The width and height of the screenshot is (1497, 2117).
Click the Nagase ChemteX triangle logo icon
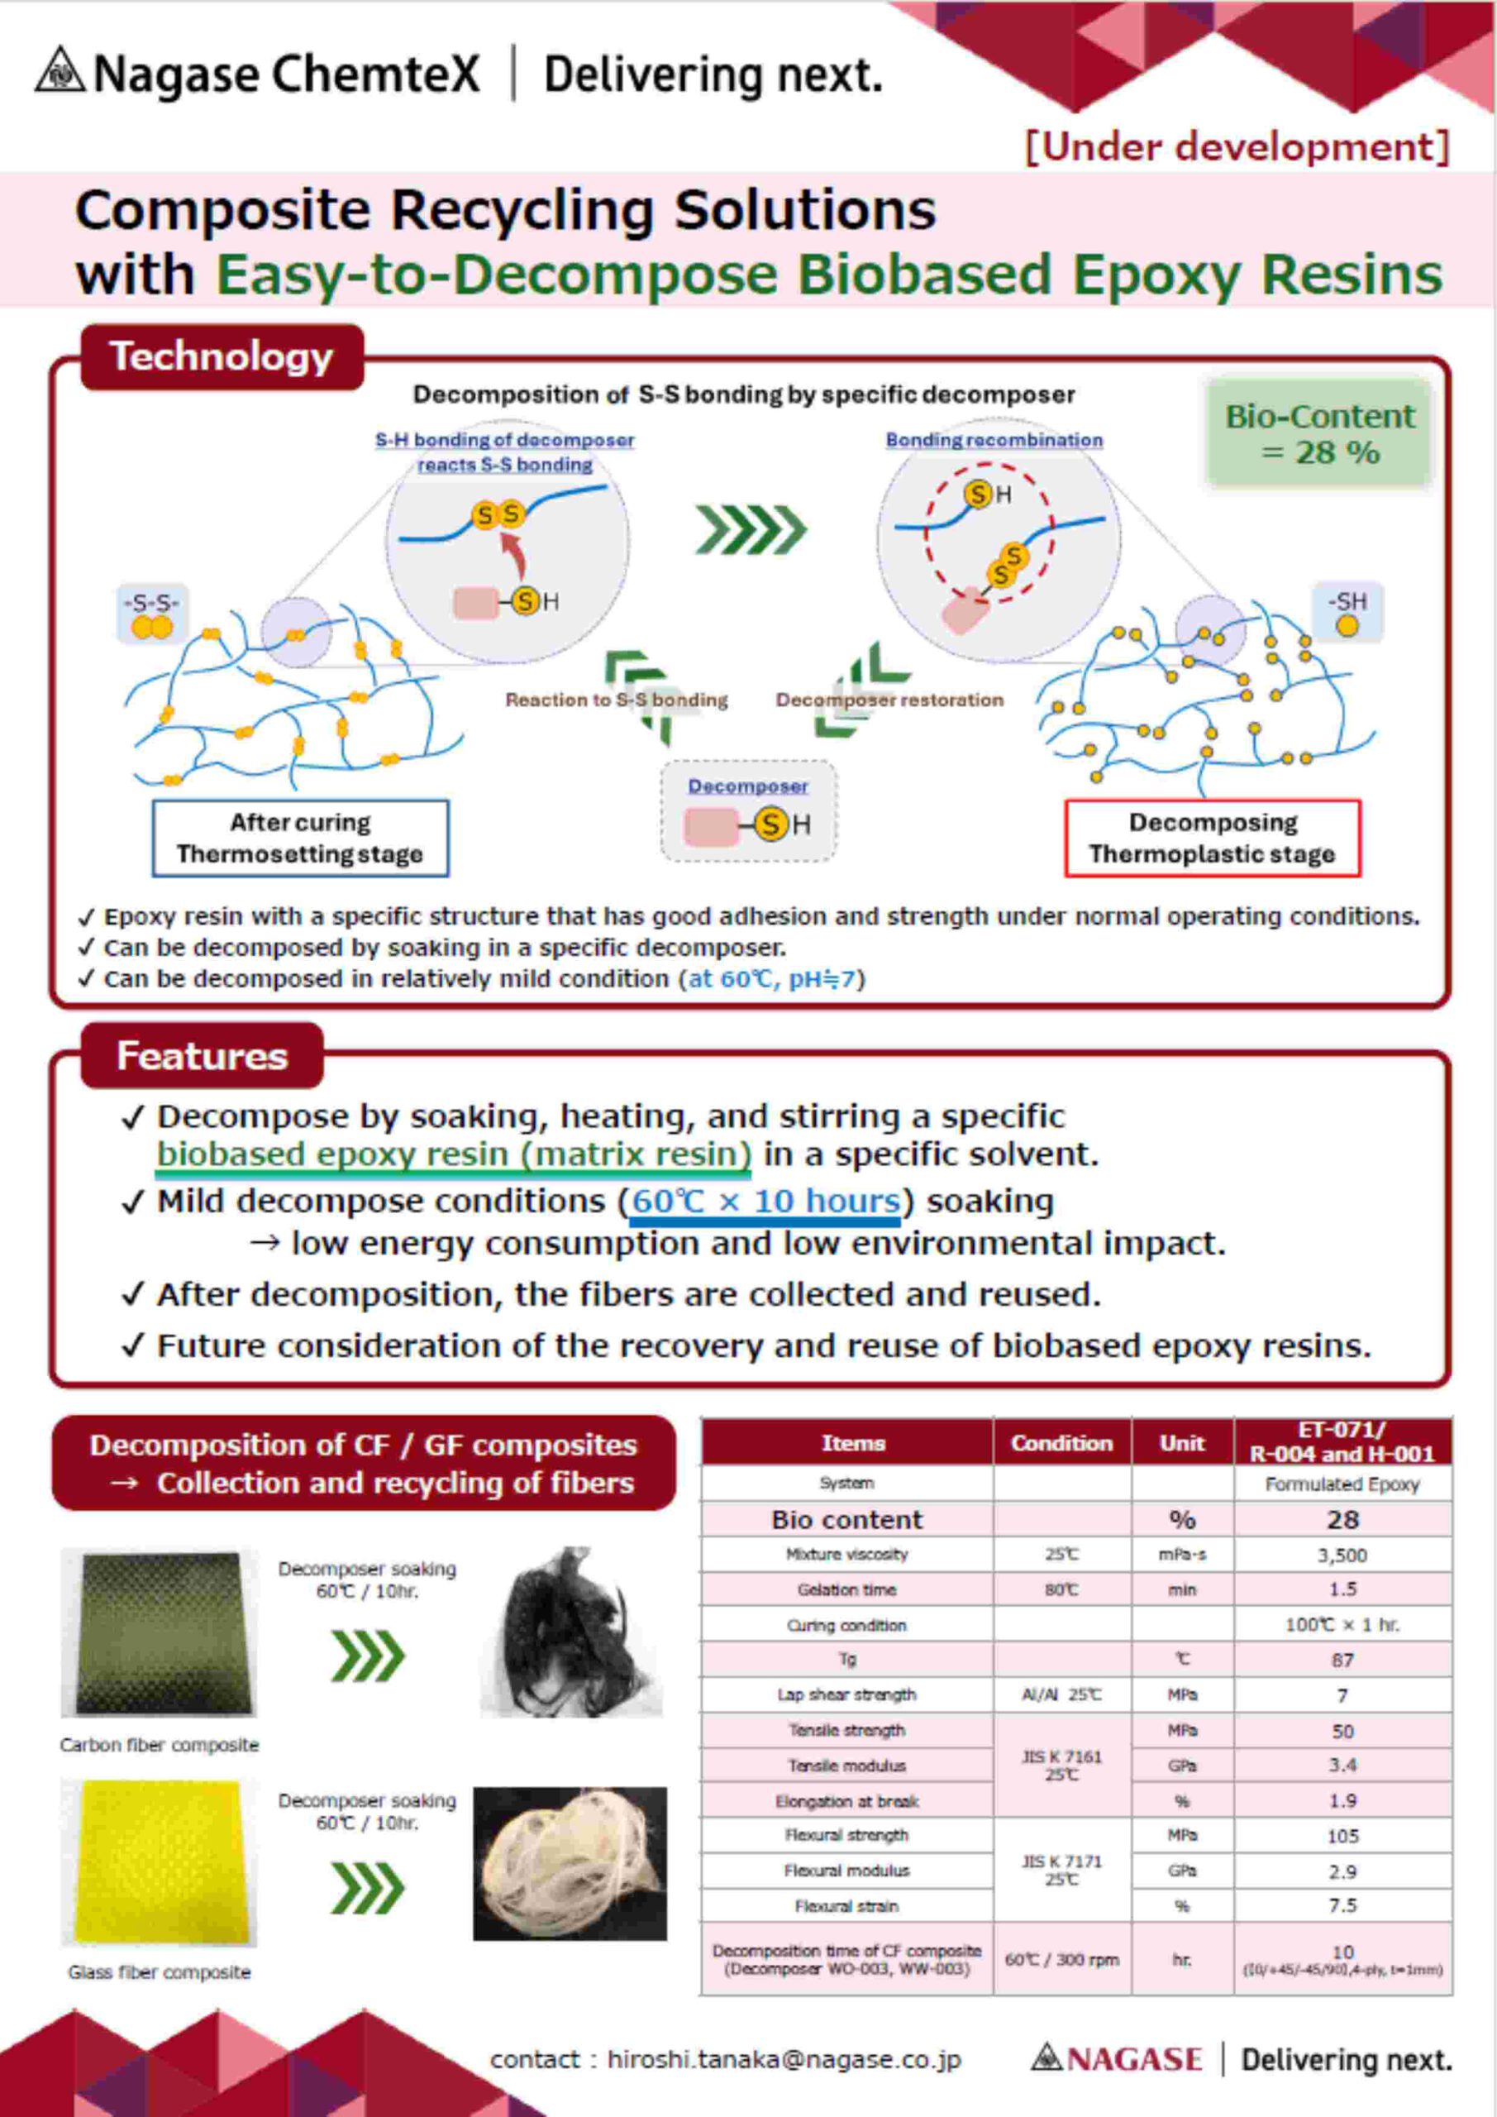click(61, 71)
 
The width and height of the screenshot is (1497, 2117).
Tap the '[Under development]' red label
click(1237, 147)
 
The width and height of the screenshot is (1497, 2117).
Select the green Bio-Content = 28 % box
click(1318, 433)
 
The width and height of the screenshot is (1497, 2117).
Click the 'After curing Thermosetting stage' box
click(301, 837)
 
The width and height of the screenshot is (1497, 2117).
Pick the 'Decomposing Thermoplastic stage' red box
click(1212, 837)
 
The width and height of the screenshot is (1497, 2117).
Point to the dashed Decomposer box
click(749, 811)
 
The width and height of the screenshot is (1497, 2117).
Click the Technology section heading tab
click(222, 356)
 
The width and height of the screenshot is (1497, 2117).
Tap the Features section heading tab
click(202, 1056)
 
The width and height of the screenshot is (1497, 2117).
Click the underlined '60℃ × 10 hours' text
click(765, 1202)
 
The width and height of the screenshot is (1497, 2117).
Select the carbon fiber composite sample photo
click(159, 1633)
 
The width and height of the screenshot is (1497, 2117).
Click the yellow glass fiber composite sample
click(159, 1862)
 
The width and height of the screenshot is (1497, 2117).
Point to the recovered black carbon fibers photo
click(571, 1633)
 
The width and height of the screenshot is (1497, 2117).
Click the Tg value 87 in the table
click(1342, 1660)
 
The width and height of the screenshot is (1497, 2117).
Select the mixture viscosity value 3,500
click(1342, 1555)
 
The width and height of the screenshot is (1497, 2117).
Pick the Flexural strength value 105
click(1342, 1836)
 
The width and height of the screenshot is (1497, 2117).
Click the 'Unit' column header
click(1182, 1443)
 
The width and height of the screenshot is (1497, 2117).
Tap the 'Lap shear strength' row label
click(846, 1694)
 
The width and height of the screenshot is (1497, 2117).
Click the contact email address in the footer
click(784, 2060)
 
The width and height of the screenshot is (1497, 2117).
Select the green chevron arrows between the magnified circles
click(751, 530)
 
